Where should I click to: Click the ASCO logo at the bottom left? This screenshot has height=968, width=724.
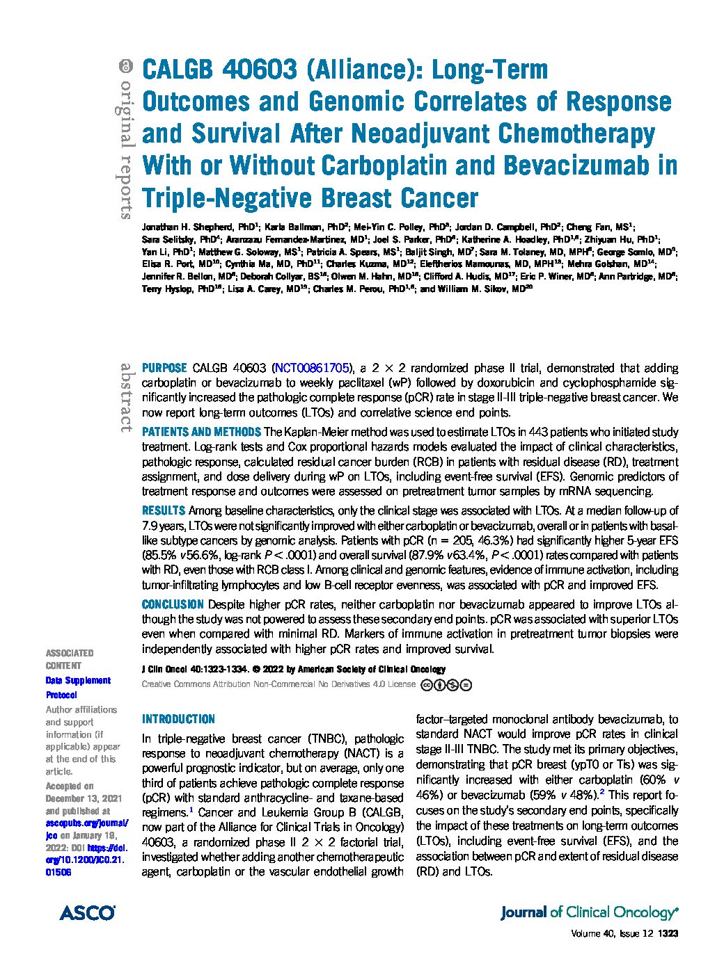coord(86,912)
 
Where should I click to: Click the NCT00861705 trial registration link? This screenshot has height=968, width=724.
coord(310,368)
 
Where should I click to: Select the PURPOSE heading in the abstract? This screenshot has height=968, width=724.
coord(164,368)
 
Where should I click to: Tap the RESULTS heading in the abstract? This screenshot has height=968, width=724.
coord(163,510)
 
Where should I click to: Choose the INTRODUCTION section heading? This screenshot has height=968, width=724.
coord(178,719)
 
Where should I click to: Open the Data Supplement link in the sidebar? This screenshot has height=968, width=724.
coord(78,681)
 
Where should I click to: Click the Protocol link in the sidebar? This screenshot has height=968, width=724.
coord(61,695)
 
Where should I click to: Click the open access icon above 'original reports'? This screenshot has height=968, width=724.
coord(125,67)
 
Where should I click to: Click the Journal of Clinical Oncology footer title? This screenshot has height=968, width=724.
coord(589,912)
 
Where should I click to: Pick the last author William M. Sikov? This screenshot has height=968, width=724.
coord(479,289)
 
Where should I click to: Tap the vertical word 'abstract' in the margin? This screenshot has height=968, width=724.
coord(126,396)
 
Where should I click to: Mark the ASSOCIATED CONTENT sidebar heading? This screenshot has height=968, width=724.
coord(69,659)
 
